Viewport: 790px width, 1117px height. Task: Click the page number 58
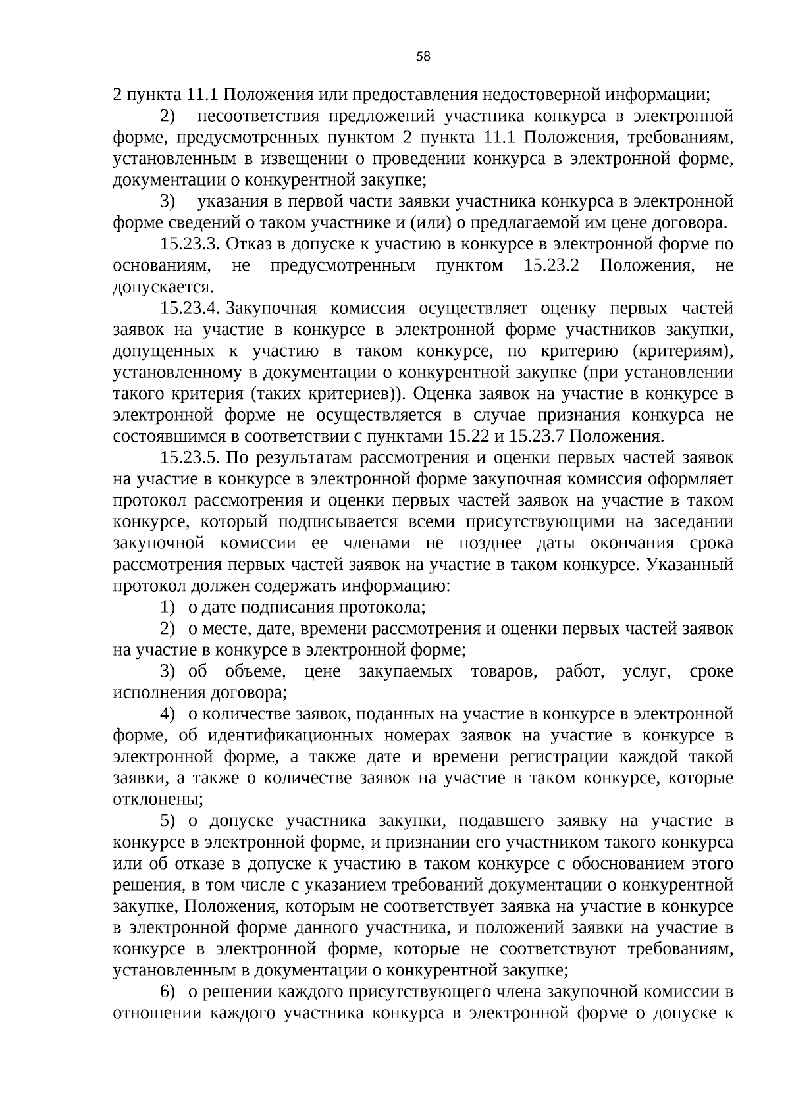pos(423,57)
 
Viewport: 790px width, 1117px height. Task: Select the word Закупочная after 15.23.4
pos(271,309)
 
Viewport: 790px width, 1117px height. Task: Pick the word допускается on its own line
pos(163,288)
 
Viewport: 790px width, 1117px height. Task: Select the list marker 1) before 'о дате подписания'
pos(169,607)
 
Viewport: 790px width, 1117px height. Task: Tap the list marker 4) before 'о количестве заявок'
pos(169,714)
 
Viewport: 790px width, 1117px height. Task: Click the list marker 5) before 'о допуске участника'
pos(169,821)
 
